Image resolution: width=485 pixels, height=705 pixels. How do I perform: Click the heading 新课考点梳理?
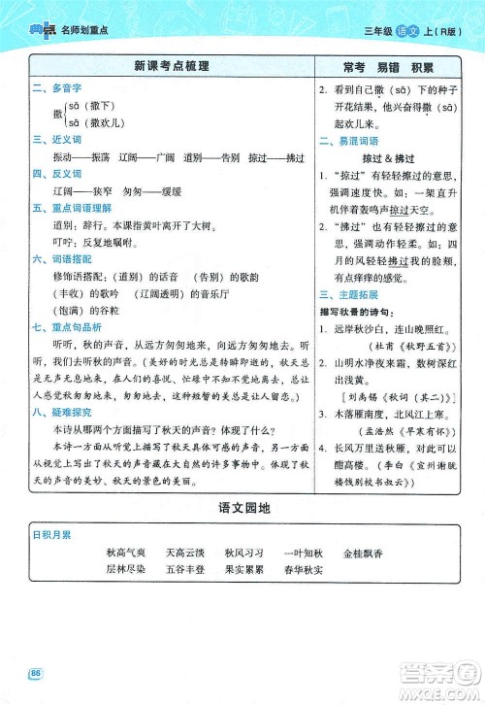(171, 68)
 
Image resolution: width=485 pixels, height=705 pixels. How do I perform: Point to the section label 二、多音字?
(52, 89)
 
